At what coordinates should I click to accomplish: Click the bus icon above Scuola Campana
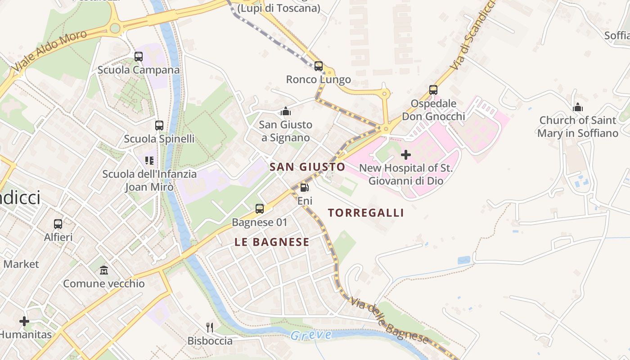tap(139, 57)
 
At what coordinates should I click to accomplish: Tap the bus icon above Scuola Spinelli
tap(159, 126)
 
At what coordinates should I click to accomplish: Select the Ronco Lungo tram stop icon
tap(319, 66)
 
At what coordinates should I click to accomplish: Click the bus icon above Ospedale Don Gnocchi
tap(433, 90)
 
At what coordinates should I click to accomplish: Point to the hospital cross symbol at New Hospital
tap(406, 155)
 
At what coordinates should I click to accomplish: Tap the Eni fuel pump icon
tap(305, 187)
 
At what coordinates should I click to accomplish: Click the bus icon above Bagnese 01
tap(260, 209)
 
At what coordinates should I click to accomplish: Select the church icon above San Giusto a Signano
tap(286, 111)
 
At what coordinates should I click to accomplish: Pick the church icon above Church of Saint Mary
tap(578, 107)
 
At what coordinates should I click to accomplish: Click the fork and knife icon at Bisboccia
tap(210, 327)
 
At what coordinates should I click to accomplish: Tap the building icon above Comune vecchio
tap(104, 270)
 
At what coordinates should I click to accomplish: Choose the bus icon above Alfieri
tap(58, 224)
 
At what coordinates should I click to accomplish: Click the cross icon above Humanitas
tap(24, 321)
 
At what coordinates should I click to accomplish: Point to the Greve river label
tap(311, 335)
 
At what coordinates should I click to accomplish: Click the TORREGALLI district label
tap(366, 213)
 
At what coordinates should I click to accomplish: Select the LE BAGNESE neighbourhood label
tap(272, 242)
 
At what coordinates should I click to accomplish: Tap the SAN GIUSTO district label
tap(307, 167)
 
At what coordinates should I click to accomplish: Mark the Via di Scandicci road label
tap(474, 34)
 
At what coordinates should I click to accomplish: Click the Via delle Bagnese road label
tap(389, 320)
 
